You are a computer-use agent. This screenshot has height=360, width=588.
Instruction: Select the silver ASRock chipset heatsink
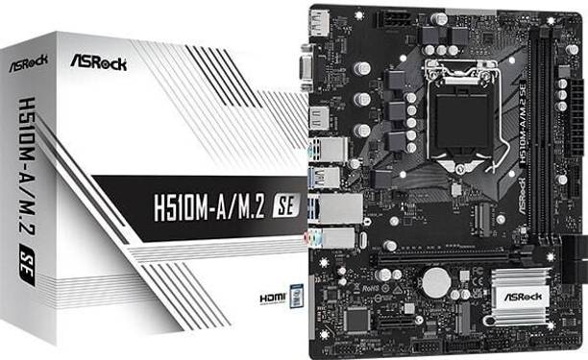[x=519, y=291]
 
